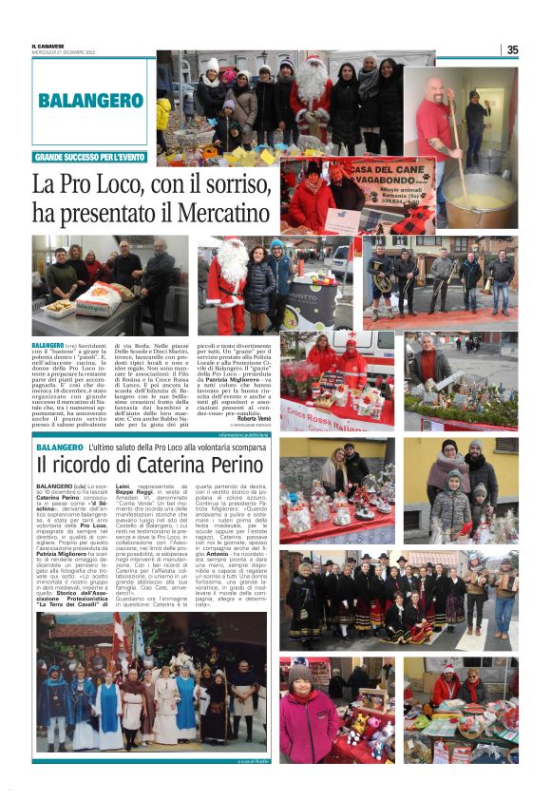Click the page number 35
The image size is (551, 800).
[512, 50]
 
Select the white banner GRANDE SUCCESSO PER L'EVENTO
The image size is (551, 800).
[91, 157]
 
